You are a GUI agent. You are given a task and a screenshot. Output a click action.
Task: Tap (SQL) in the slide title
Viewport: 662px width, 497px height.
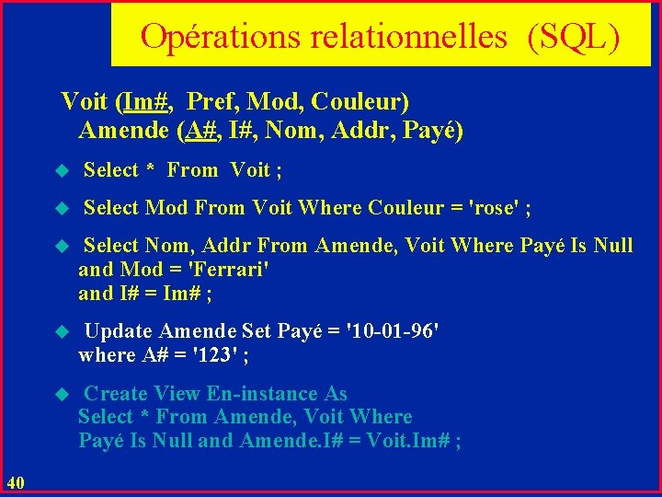click(x=574, y=36)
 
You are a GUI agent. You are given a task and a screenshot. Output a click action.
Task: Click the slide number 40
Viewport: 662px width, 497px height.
click(x=16, y=480)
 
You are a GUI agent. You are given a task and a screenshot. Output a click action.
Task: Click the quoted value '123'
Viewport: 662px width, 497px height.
click(x=217, y=354)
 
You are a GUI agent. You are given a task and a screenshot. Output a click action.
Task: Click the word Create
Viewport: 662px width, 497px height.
click(x=115, y=394)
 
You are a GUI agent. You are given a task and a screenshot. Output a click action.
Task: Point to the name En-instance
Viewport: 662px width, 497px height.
click(x=277, y=394)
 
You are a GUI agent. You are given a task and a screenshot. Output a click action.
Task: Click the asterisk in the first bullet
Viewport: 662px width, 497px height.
click(x=152, y=170)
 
